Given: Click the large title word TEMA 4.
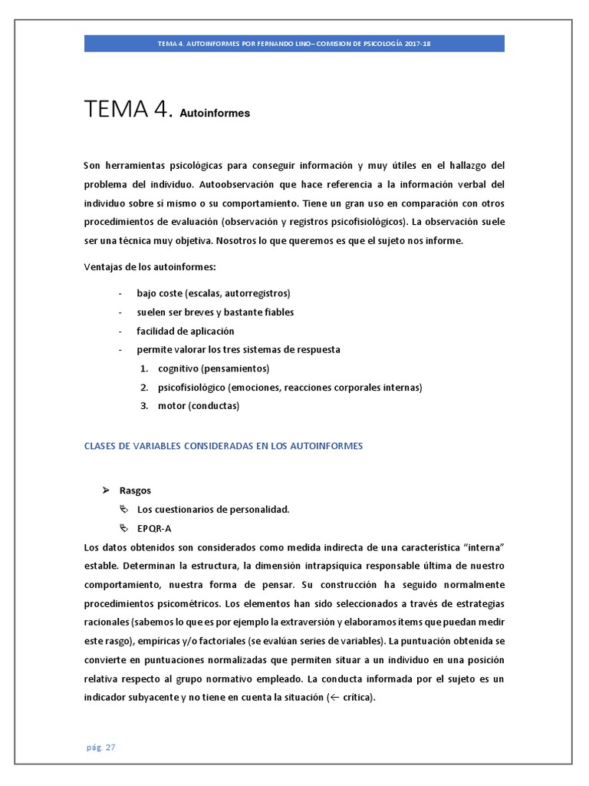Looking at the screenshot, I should click(127, 110).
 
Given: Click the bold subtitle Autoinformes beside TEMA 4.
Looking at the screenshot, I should click(215, 114).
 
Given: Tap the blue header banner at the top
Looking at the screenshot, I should click(294, 44).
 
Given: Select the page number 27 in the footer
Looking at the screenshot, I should click(110, 746).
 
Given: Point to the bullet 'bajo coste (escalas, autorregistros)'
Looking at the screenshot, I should click(213, 293).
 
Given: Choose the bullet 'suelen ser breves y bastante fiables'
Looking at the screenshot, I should click(215, 312).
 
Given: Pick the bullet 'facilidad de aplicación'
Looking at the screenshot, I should click(185, 331).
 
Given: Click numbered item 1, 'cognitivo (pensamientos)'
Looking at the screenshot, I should click(213, 368).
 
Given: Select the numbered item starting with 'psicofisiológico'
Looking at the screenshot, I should click(290, 387).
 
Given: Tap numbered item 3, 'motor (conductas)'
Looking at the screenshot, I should click(199, 406).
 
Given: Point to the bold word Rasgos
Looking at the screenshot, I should click(135, 490).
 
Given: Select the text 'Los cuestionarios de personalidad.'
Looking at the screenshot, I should click(212, 509).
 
